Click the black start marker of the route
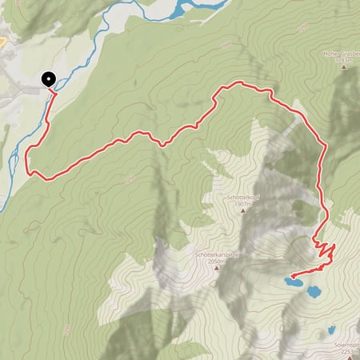(48, 79)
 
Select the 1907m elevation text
(244, 204)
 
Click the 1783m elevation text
(346, 59)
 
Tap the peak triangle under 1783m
(345, 67)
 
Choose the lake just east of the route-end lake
(314, 291)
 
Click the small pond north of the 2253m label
(331, 329)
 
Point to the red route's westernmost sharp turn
(30, 170)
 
